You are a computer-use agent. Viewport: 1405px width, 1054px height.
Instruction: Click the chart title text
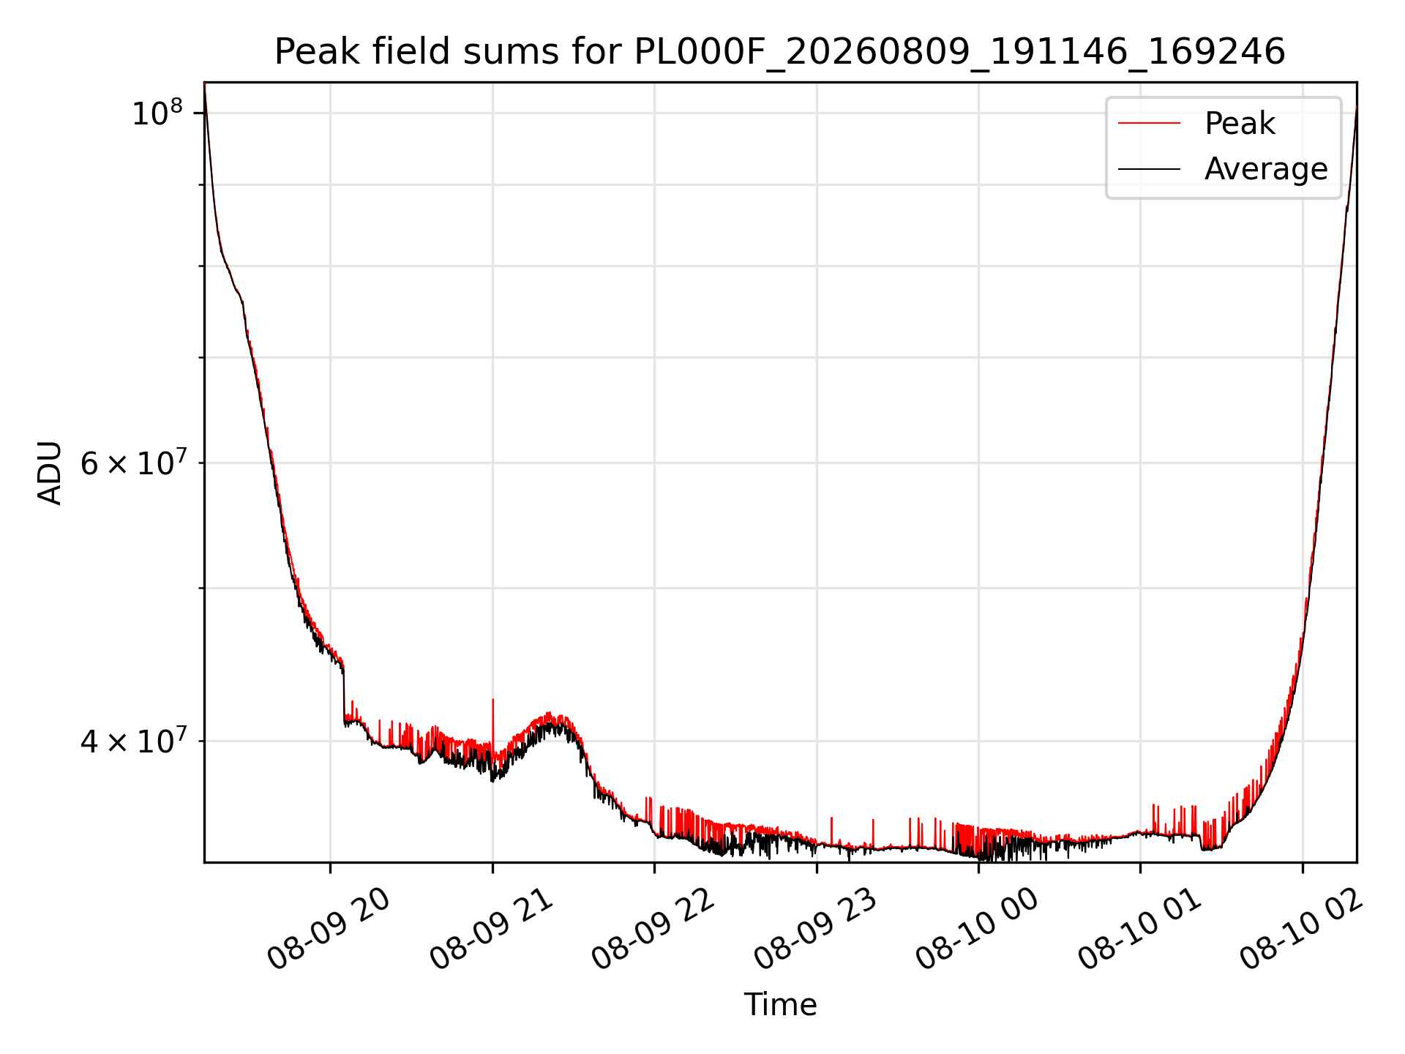click(x=779, y=52)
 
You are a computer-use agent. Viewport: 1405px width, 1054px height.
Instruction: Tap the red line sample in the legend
click(x=1149, y=124)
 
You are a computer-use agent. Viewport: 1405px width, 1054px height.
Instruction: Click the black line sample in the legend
click(x=1149, y=169)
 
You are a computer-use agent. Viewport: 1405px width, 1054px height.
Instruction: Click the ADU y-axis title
click(x=50, y=473)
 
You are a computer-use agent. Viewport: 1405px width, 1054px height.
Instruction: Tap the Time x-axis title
click(x=780, y=1005)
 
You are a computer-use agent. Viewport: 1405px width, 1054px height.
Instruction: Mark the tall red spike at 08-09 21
click(x=492, y=725)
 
